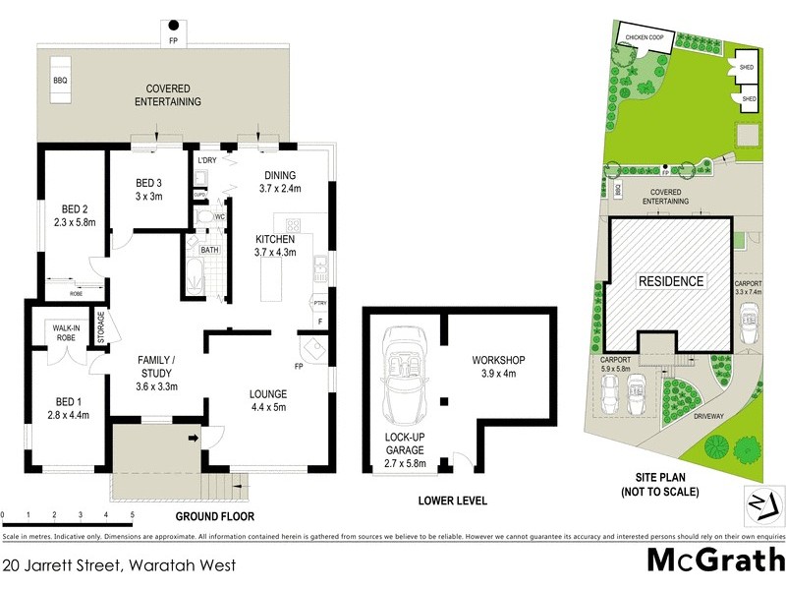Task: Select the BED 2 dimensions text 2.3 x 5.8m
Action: click(75, 222)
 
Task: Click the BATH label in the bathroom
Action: click(209, 250)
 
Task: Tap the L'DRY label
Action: click(206, 160)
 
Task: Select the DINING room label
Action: click(277, 176)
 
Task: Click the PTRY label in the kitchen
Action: click(319, 304)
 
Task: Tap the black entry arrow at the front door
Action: click(194, 438)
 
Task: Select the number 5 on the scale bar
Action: click(132, 514)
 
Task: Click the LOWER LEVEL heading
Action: click(451, 501)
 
